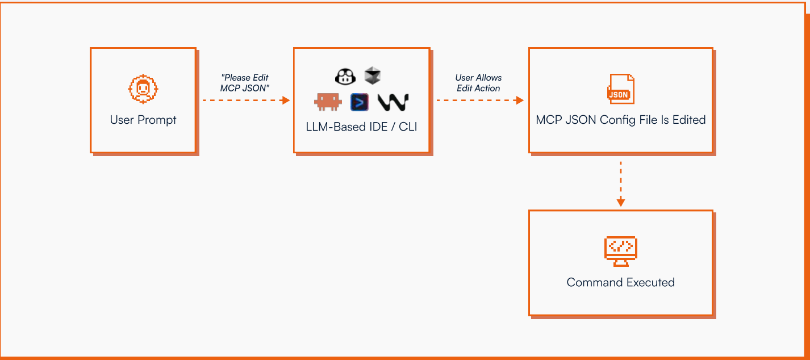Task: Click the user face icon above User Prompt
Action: (x=143, y=89)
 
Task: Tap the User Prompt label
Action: (x=143, y=120)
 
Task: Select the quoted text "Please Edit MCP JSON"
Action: (x=245, y=83)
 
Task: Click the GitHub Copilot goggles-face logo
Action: (x=345, y=76)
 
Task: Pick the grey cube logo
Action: (x=373, y=75)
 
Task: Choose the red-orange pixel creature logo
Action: (x=328, y=102)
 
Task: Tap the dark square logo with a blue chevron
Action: (x=360, y=102)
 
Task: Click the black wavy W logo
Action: (x=393, y=102)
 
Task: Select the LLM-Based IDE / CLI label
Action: (x=361, y=127)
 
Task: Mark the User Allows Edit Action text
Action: (x=478, y=83)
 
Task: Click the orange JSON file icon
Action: (x=621, y=89)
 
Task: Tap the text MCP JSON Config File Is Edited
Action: (x=621, y=120)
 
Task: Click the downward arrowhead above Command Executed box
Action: (x=621, y=202)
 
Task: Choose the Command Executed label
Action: (x=621, y=282)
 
